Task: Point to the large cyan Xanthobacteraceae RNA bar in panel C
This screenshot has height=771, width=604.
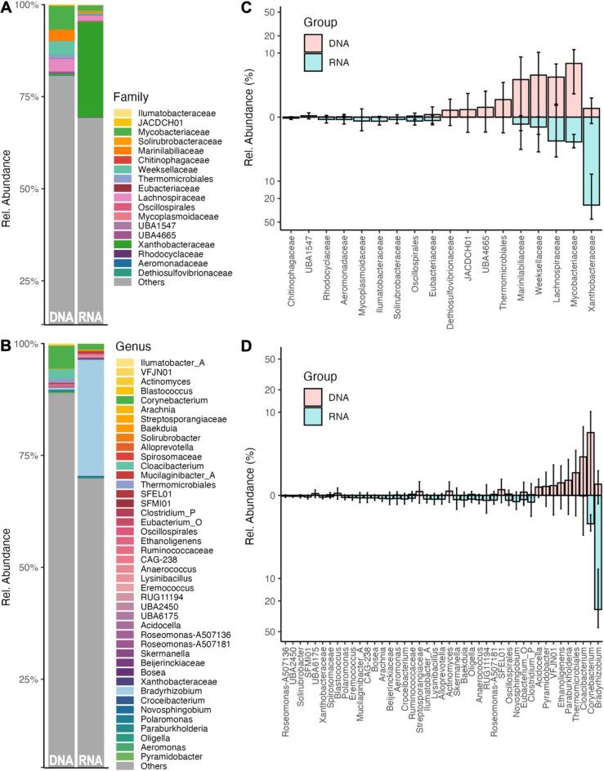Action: (x=591, y=160)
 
